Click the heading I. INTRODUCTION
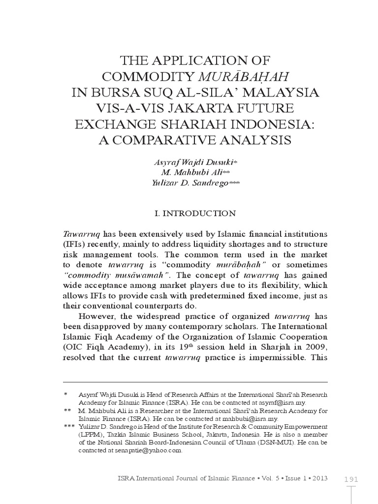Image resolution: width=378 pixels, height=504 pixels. tap(195, 214)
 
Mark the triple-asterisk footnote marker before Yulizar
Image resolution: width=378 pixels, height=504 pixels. tap(69, 426)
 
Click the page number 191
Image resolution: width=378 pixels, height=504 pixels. tap(350, 479)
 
